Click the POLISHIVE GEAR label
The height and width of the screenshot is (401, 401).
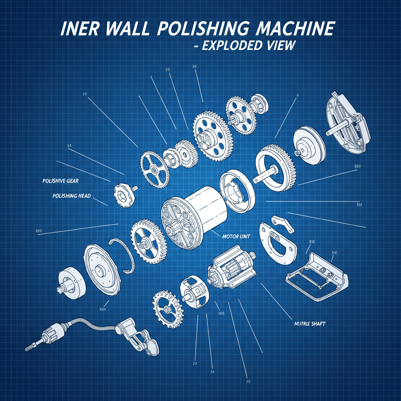click(60, 181)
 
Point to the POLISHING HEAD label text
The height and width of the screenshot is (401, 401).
click(71, 195)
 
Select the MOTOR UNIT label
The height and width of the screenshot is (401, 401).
click(236, 237)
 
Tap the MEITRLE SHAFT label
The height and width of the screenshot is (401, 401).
click(309, 324)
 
